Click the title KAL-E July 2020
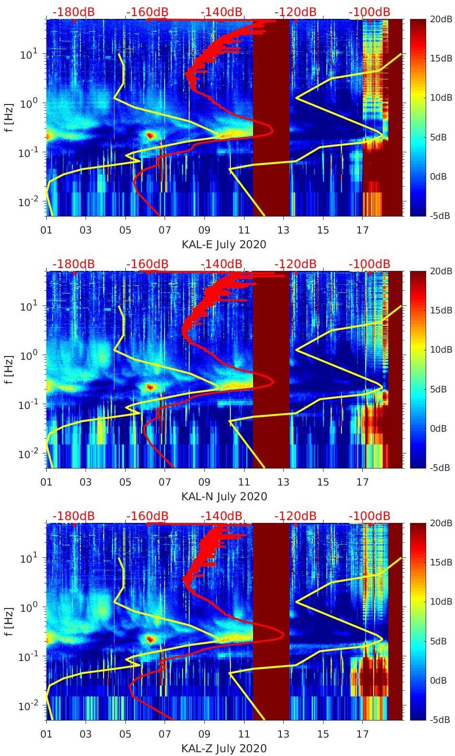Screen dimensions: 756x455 coord(224,244)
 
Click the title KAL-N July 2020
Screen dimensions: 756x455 coord(224,496)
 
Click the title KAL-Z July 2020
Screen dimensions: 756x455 coord(224,748)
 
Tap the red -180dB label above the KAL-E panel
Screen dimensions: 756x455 coord(73,12)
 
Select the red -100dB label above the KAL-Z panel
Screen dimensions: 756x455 coord(369,516)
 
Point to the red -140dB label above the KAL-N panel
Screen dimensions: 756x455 coord(221,264)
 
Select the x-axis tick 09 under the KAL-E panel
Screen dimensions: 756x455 coord(204,230)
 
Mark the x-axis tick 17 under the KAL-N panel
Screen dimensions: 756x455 coord(362,482)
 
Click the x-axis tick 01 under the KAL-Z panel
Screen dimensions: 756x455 coord(46,734)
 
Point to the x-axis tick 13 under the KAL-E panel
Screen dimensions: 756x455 coord(283,230)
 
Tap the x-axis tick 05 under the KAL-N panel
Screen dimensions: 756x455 coord(125,482)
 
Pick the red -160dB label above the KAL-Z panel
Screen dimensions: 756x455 coord(147,516)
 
